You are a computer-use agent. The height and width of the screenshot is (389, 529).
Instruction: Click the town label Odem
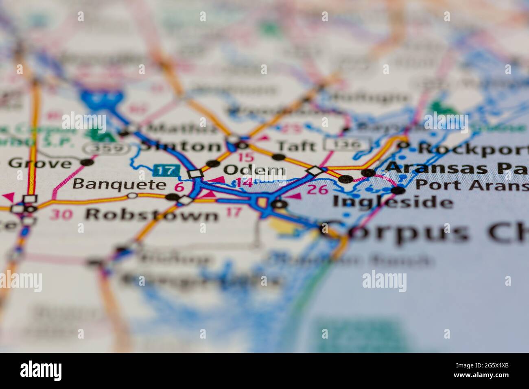coord(254,170)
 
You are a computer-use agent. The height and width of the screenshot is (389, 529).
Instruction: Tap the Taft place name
coord(295,146)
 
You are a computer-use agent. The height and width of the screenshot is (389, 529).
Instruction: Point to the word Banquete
coord(119,184)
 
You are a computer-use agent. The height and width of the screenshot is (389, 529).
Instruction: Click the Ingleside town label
coord(393,202)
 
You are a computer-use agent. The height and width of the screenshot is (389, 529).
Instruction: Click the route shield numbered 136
coord(348,144)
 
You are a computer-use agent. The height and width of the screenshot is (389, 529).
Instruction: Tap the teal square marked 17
coord(166,170)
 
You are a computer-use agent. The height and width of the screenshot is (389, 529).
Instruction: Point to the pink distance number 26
coord(317,189)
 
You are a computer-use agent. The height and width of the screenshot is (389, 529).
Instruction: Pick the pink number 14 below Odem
coord(244,183)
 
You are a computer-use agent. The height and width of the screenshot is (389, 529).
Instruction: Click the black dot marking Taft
coord(278,157)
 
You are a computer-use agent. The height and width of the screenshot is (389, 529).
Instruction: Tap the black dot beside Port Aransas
coord(398,190)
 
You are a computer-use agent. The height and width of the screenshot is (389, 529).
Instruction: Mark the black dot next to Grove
coord(87,162)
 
